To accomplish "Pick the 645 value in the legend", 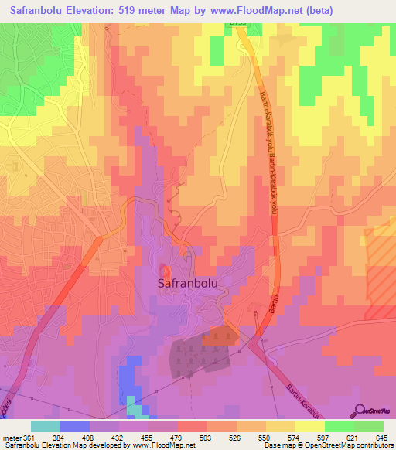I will [x=381, y=437].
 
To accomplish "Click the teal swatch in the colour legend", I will [x=45, y=426].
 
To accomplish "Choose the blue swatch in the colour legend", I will [x=74, y=426].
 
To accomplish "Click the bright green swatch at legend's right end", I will [x=368, y=426].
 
